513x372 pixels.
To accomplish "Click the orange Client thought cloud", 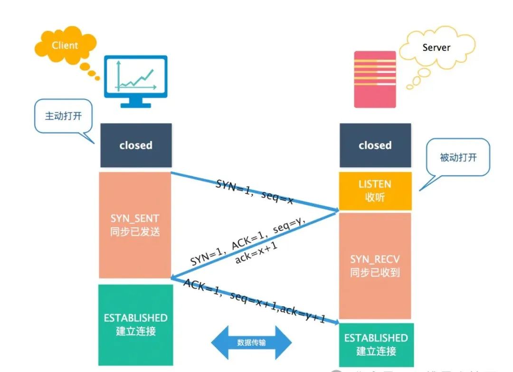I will pyautogui.click(x=65, y=47).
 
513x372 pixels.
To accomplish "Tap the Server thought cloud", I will pyautogui.click(x=437, y=48).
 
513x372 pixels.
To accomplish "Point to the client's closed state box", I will pyautogui.click(x=136, y=145).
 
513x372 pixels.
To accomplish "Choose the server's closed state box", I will pyautogui.click(x=375, y=145).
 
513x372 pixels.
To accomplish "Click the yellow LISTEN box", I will pyautogui.click(x=375, y=191).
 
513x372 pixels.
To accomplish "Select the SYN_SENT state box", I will pyautogui.click(x=135, y=225).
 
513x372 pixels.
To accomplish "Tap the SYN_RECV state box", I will pyautogui.click(x=375, y=266).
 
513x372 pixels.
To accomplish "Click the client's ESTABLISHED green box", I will pyautogui.click(x=136, y=324).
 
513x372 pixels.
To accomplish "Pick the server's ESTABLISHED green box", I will pyautogui.click(x=376, y=344).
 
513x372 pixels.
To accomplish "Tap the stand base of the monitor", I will pyautogui.click(x=135, y=105).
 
